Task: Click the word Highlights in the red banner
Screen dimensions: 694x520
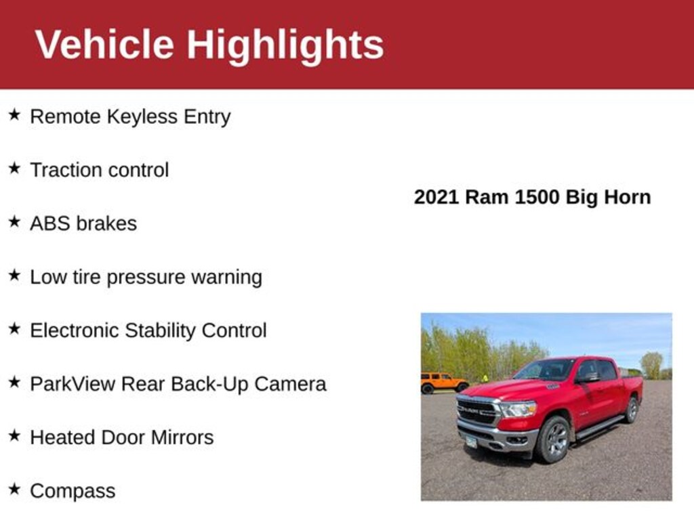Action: pos(285,46)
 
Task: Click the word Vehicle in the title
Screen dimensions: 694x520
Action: pos(104,44)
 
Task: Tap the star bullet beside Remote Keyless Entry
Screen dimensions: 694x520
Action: pos(14,115)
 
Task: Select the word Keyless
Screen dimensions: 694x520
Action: pos(142,117)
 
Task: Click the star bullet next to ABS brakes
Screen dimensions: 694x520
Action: pos(14,221)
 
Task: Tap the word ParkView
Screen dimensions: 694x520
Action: pos(73,384)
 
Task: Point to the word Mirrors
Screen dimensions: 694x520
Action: pos(182,437)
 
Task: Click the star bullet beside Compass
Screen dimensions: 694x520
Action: pos(14,489)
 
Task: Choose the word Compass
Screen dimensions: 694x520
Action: pos(73,492)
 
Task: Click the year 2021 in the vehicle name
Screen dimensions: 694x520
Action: pos(436,197)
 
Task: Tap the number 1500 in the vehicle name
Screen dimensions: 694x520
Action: pos(537,197)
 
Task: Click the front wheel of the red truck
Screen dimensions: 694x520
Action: pos(553,439)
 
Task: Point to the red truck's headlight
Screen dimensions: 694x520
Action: pos(518,409)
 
